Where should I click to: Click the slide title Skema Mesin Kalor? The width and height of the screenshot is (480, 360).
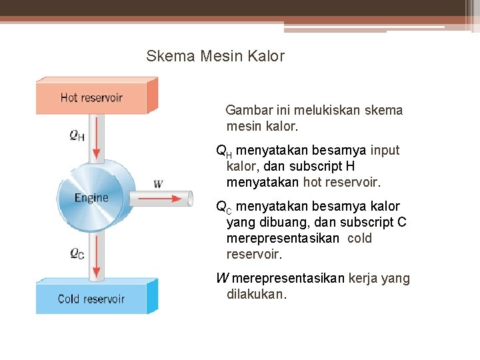tap(215, 56)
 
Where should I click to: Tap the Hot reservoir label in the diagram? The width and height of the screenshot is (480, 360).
tap(91, 97)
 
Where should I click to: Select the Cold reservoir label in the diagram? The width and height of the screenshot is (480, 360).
tap(91, 299)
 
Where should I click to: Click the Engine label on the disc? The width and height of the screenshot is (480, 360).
tap(91, 198)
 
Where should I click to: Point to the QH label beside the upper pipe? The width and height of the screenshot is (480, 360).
tap(77, 135)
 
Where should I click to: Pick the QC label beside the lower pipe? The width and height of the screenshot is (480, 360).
tap(77, 253)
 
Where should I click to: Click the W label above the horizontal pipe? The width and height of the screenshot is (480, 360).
tap(158, 184)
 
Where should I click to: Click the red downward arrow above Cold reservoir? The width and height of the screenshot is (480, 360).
tap(97, 257)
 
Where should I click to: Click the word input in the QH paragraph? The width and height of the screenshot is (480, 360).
tap(385, 150)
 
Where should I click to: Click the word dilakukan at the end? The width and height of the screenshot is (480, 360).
tap(256, 295)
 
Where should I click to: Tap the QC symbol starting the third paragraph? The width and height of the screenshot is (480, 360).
tap(224, 207)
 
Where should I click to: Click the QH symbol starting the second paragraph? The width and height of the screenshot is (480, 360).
tap(224, 151)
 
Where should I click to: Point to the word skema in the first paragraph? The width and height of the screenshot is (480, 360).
tap(385, 110)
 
